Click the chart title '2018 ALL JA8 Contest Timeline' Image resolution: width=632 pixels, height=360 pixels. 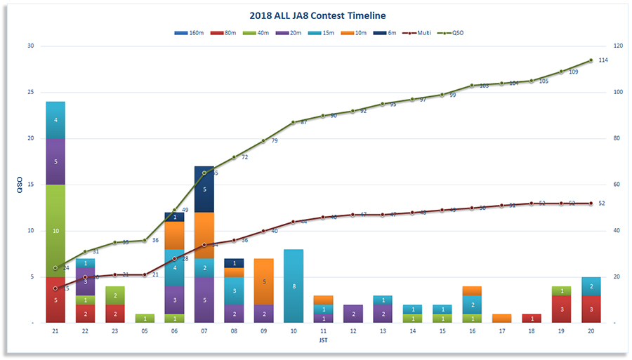(x=317, y=15)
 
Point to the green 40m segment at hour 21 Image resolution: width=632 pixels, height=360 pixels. (x=55, y=231)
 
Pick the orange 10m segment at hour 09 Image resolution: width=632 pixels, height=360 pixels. (x=263, y=281)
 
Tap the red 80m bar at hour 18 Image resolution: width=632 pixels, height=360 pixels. (x=532, y=318)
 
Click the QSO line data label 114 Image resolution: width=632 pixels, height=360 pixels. (x=603, y=60)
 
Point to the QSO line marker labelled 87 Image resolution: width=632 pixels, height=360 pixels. (x=294, y=122)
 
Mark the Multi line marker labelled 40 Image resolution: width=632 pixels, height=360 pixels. (x=263, y=231)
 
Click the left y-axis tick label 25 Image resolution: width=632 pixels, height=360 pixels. (x=30, y=92)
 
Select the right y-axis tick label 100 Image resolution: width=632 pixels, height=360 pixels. (x=618, y=92)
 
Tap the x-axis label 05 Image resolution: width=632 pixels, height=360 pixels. (x=144, y=331)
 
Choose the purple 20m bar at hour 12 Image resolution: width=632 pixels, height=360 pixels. (x=353, y=314)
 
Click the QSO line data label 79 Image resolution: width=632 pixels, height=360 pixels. (x=275, y=141)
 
